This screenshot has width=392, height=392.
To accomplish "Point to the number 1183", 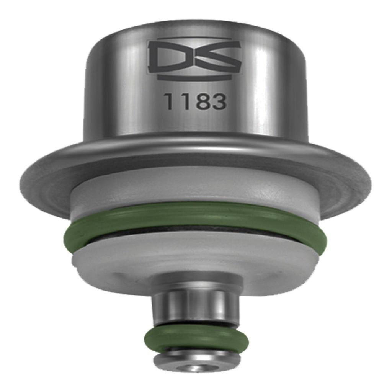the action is coord(196,102).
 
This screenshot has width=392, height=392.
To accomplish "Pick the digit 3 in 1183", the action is coord(219,102).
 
